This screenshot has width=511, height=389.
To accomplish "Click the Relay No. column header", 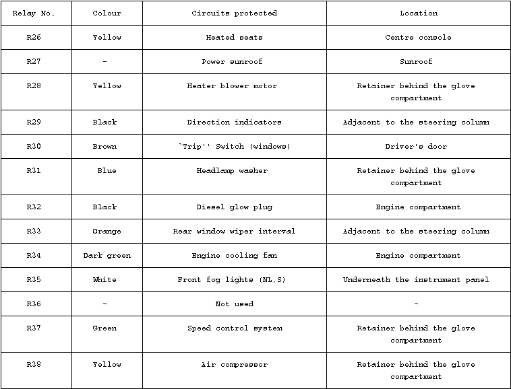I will [x=34, y=13].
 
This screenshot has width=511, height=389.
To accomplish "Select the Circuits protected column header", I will [x=234, y=13].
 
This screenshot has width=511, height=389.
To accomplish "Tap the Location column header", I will [x=418, y=13].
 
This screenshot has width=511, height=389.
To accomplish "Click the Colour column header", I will [x=107, y=13].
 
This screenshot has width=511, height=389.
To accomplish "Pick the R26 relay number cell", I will [x=34, y=38].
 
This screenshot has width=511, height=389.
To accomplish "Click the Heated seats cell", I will [x=234, y=38].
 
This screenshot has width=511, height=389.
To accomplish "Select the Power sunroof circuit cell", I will [x=234, y=62].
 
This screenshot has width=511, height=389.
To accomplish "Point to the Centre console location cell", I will [x=418, y=38].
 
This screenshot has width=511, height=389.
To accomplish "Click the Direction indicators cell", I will [x=234, y=122].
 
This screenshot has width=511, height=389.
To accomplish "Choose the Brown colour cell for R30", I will [x=104, y=147].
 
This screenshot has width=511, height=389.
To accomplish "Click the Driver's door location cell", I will [x=416, y=147].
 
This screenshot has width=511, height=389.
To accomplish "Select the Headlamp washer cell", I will [x=232, y=171].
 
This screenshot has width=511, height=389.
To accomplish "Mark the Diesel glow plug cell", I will [x=234, y=207].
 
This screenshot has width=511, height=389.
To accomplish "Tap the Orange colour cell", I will [x=107, y=232].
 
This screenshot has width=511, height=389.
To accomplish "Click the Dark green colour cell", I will [x=107, y=256].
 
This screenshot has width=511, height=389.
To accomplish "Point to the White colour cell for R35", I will [x=104, y=280].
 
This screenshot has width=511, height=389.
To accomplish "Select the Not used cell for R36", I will [x=234, y=304].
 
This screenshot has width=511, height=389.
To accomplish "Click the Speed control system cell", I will [x=234, y=328].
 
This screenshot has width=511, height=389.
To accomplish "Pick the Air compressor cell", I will [x=234, y=365].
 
